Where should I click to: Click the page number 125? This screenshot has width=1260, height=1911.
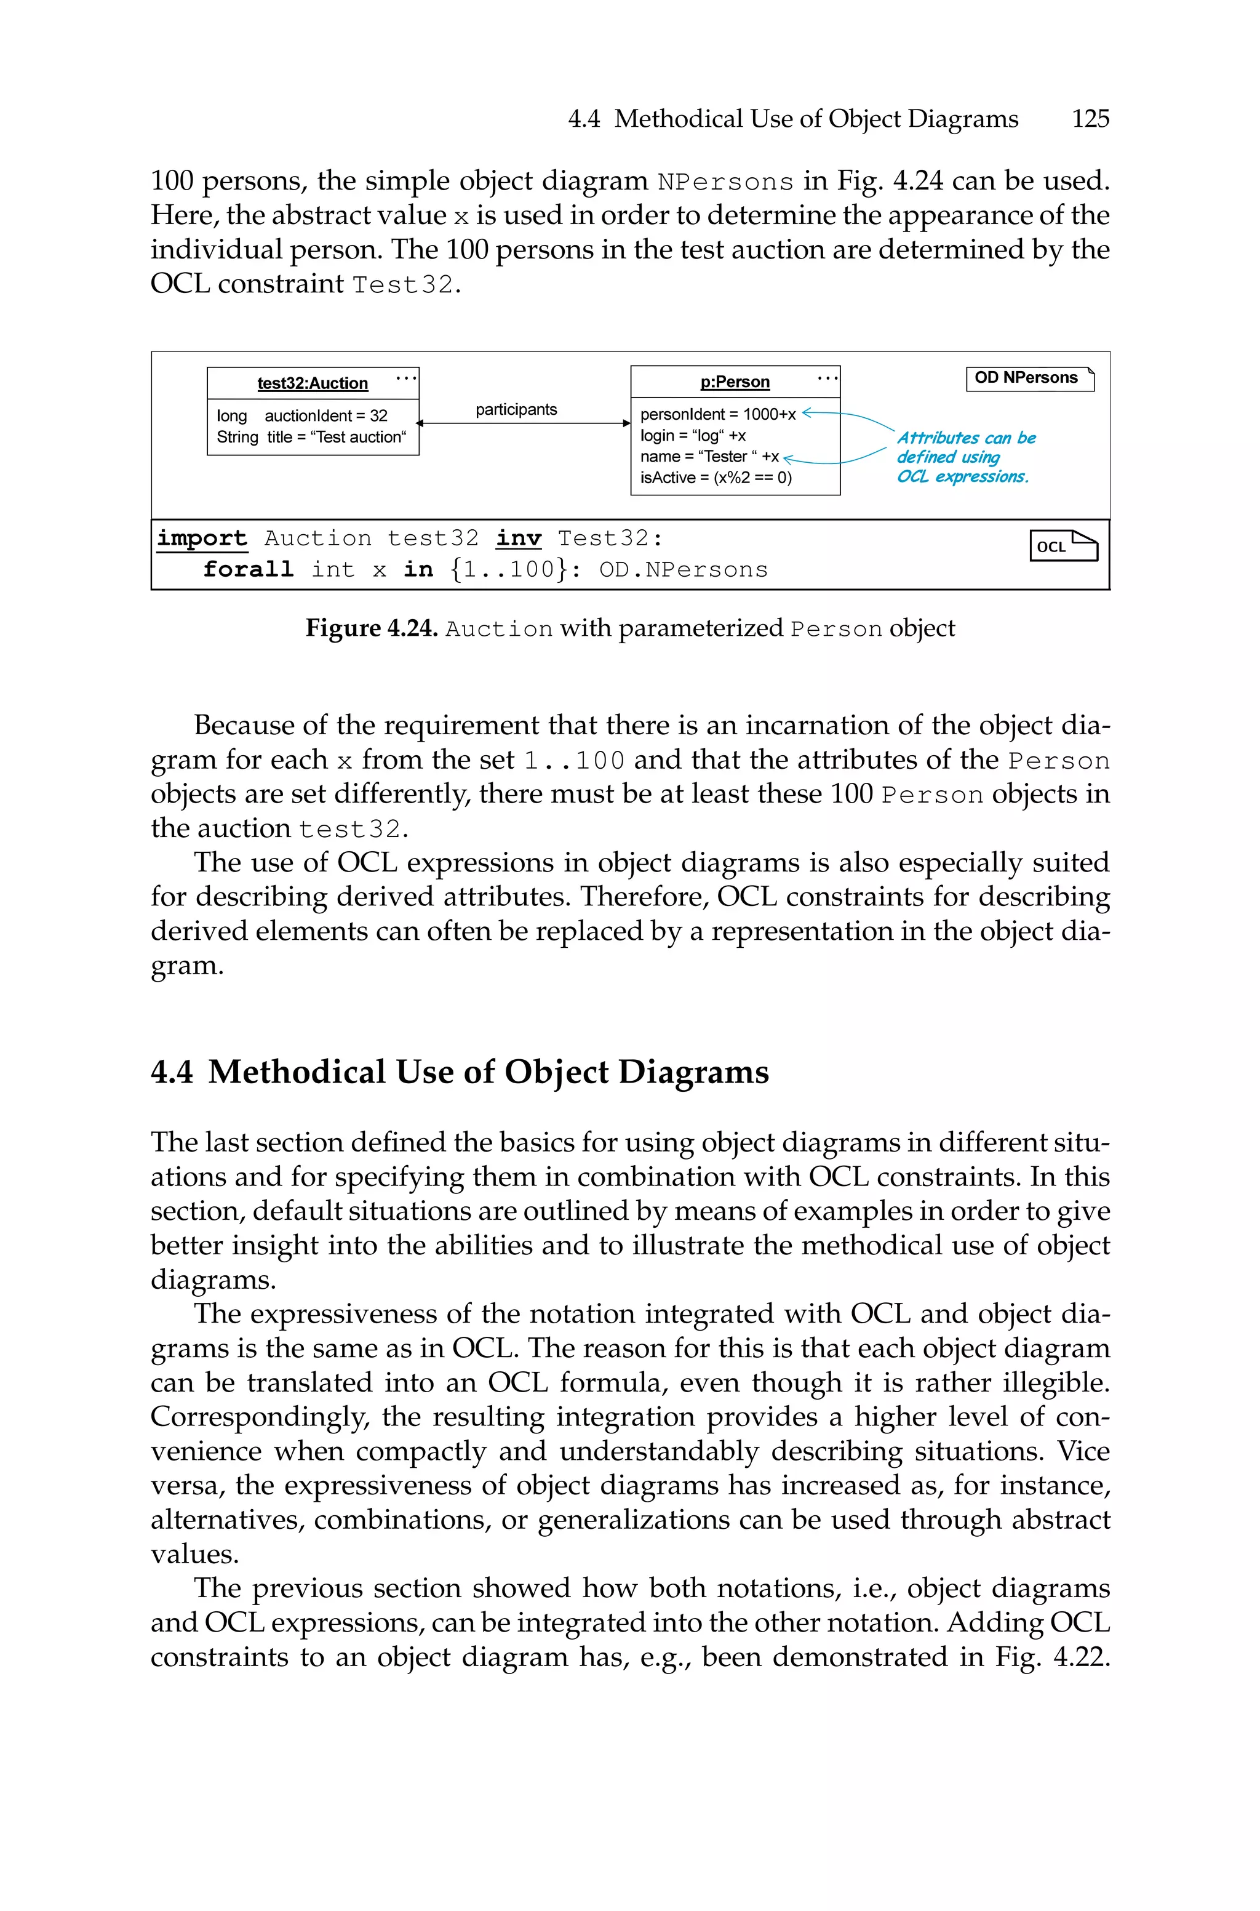1090,119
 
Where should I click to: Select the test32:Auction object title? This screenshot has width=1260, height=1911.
313,383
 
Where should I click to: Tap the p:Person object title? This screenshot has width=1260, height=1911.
735,382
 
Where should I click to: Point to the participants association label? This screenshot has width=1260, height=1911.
516,410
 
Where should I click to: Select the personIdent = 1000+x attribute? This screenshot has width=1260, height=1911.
717,414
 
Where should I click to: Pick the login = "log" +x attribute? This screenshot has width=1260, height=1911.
693,436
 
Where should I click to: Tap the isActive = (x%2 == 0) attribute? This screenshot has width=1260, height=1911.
715,478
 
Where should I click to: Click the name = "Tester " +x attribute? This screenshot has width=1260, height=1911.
709,457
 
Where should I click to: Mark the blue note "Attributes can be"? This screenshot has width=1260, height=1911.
966,438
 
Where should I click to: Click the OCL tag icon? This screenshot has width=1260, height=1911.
1063,546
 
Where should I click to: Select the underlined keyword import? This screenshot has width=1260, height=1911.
202,539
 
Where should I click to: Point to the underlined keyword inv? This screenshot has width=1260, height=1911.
518,539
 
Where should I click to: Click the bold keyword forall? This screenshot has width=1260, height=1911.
249,570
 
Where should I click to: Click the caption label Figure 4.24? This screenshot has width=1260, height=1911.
371,628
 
